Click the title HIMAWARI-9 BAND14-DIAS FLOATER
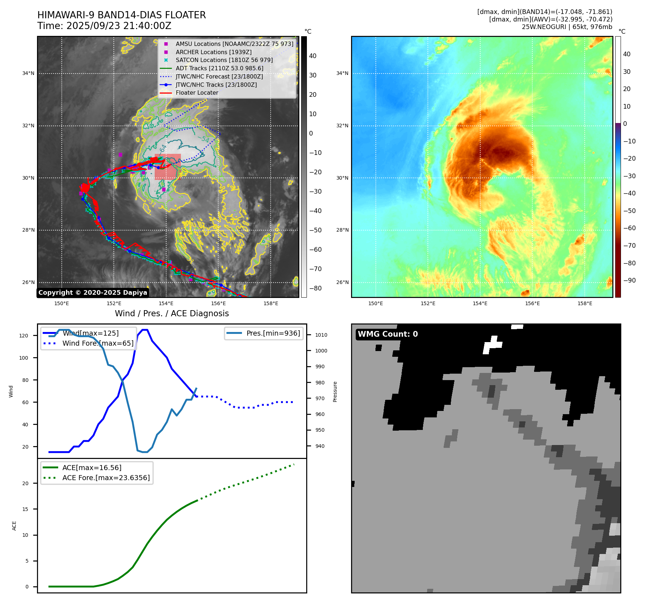[x=121, y=15]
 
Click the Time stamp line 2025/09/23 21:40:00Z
[x=104, y=26]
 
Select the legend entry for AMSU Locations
[x=234, y=44]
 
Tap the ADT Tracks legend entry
[x=219, y=68]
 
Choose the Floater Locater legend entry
[x=197, y=93]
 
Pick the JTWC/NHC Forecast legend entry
[x=219, y=76]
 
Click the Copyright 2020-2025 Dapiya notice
[x=93, y=293]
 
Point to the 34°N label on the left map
[x=28, y=74]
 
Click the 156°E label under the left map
[x=218, y=304]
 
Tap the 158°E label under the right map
[x=585, y=304]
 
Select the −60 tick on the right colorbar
[x=629, y=228]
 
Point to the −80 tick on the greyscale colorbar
[x=316, y=288]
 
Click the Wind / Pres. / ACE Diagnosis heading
[x=172, y=313]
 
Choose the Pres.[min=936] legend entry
[x=273, y=333]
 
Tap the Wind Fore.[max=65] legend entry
[x=98, y=343]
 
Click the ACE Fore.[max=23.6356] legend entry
[x=106, y=478]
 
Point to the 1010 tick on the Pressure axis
[x=321, y=335]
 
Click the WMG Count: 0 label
[x=388, y=334]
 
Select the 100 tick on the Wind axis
[x=24, y=358]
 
